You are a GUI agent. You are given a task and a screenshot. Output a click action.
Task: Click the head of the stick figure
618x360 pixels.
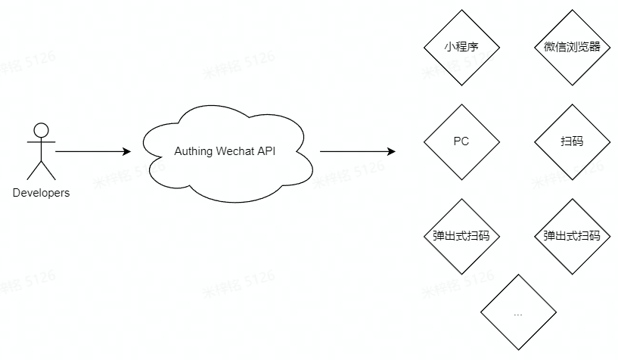click(41, 129)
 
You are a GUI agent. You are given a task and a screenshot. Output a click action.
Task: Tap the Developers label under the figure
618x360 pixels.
click(41, 193)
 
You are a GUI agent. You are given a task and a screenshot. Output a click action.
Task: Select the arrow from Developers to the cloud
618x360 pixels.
click(91, 151)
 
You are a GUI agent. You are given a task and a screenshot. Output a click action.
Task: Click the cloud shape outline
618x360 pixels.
click(227, 113)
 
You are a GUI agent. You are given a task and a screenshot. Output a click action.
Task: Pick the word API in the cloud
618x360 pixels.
click(266, 151)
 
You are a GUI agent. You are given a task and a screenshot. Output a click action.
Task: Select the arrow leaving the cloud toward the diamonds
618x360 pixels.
click(356, 151)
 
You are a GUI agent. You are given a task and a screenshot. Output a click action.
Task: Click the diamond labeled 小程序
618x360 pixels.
click(461, 47)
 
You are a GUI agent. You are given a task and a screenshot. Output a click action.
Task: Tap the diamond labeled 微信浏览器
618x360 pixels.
click(572, 47)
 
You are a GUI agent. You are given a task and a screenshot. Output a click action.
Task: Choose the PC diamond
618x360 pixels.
click(461, 141)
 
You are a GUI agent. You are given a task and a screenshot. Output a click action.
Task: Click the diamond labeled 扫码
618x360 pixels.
click(572, 141)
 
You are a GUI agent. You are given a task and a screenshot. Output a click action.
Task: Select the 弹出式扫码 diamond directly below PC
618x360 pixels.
click(461, 236)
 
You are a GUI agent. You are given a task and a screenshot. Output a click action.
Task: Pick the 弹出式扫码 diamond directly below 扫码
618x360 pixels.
click(572, 236)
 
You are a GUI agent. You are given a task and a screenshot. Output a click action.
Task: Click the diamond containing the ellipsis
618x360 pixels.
click(517, 313)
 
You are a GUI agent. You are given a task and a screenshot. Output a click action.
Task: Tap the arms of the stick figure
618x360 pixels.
click(41, 141)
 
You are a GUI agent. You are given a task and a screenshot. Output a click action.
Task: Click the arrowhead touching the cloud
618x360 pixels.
click(126, 151)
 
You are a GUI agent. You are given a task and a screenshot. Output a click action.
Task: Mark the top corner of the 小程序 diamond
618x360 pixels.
click(461, 11)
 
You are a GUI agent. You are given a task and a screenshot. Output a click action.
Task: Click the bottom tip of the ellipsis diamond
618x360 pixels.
click(517, 349)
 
